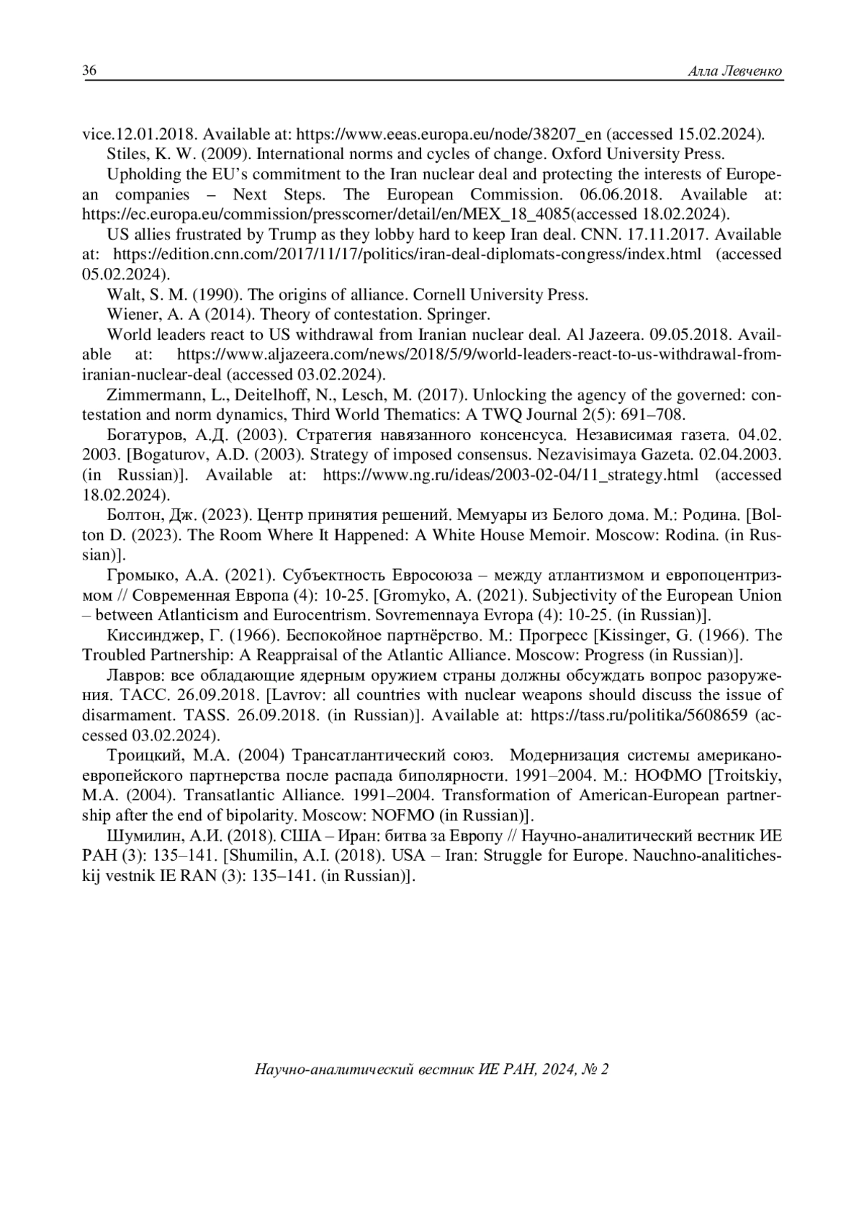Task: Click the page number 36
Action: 90,71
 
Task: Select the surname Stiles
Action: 127,154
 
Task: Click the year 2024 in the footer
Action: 553,1070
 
